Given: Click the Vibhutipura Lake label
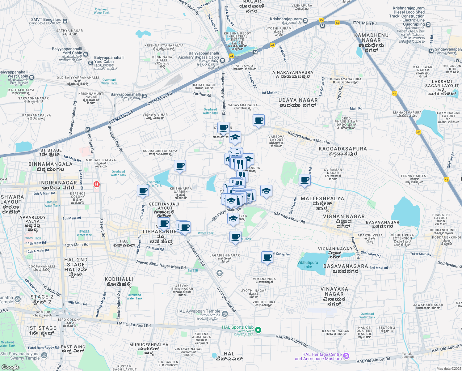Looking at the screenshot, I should tap(308, 265).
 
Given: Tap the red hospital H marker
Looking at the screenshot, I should tap(97, 185).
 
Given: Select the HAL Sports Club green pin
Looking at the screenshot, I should tap(258, 330).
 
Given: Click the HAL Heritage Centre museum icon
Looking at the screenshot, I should tap(346, 356).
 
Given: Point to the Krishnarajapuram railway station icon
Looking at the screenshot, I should tap(305, 21).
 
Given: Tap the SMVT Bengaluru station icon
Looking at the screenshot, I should tap(65, 21).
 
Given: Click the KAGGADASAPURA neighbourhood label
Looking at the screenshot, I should tap(343, 149).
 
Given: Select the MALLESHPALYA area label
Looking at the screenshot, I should tap(322, 198).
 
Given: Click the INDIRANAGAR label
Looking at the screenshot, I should tap(58, 183).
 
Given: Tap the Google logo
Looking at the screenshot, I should tap(10, 367).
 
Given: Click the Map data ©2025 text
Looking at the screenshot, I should tap(449, 369).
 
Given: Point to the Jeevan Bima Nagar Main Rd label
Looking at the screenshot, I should tap(160, 265).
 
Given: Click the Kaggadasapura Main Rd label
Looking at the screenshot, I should tap(309, 138).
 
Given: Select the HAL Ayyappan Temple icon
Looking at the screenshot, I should tap(225, 314).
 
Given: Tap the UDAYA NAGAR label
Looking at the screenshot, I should tap(298, 100).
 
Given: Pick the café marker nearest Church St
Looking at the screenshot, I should tap(143, 191).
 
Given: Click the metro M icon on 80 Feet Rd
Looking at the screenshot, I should tap(88, 130).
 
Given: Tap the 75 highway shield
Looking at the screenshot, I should tap(321, 20).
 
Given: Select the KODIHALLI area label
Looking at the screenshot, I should tap(119, 279).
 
